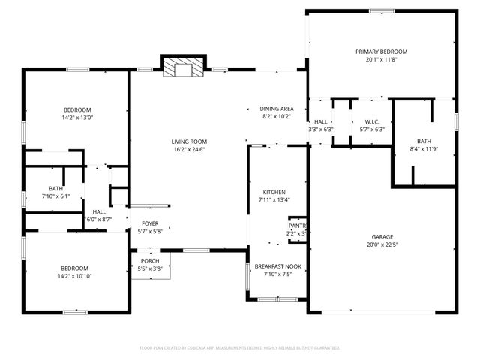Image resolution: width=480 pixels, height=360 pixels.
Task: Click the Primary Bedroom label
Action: tap(381, 52)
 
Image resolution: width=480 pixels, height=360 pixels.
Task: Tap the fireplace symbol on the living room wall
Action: tap(184, 67)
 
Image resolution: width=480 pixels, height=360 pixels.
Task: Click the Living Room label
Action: tap(189, 142)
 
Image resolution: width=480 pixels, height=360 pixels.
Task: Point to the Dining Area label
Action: tap(277, 109)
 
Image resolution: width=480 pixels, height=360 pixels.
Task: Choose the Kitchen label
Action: tap(268, 192)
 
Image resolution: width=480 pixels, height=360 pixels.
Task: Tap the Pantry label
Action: tap(298, 226)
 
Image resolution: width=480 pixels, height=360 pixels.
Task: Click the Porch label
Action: tap(150, 261)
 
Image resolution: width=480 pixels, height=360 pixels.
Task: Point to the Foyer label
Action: tap(150, 223)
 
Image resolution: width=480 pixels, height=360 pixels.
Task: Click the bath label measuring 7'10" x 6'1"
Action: tap(56, 188)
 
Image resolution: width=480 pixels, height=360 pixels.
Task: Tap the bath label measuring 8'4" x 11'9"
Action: tap(424, 141)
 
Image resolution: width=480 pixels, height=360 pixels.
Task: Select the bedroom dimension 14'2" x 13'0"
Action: tap(77, 118)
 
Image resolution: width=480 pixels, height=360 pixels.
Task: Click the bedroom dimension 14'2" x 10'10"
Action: tap(75, 276)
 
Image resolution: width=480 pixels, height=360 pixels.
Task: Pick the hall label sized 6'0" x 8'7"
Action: tap(99, 220)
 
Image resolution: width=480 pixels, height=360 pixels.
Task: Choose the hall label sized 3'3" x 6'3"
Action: tap(320, 130)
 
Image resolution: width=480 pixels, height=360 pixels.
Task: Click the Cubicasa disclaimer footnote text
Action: tap(240, 348)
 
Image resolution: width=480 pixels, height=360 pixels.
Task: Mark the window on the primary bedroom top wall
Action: tap(381, 10)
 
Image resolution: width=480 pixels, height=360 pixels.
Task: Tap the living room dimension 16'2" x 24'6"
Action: tap(189, 150)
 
